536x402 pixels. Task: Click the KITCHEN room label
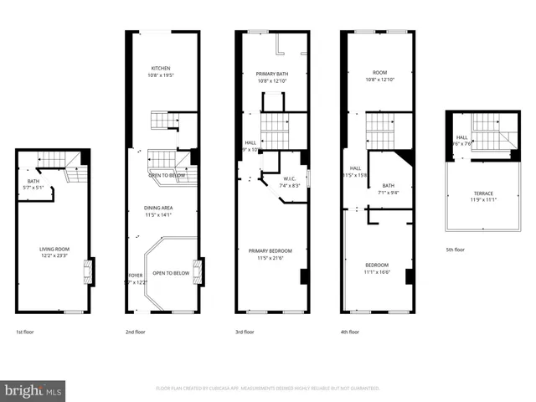click(161, 68)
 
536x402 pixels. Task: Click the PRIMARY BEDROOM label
click(270, 250)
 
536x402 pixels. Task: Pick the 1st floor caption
click(25, 332)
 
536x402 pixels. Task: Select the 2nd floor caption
click(136, 332)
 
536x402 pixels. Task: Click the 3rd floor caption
click(245, 332)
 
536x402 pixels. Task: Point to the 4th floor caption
click(352, 332)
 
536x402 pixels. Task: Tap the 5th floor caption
click(455, 250)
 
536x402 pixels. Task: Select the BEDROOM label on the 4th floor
click(377, 265)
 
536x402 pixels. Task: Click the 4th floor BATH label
click(388, 185)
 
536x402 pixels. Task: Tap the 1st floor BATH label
click(33, 181)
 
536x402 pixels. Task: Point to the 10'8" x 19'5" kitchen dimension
click(161, 75)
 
